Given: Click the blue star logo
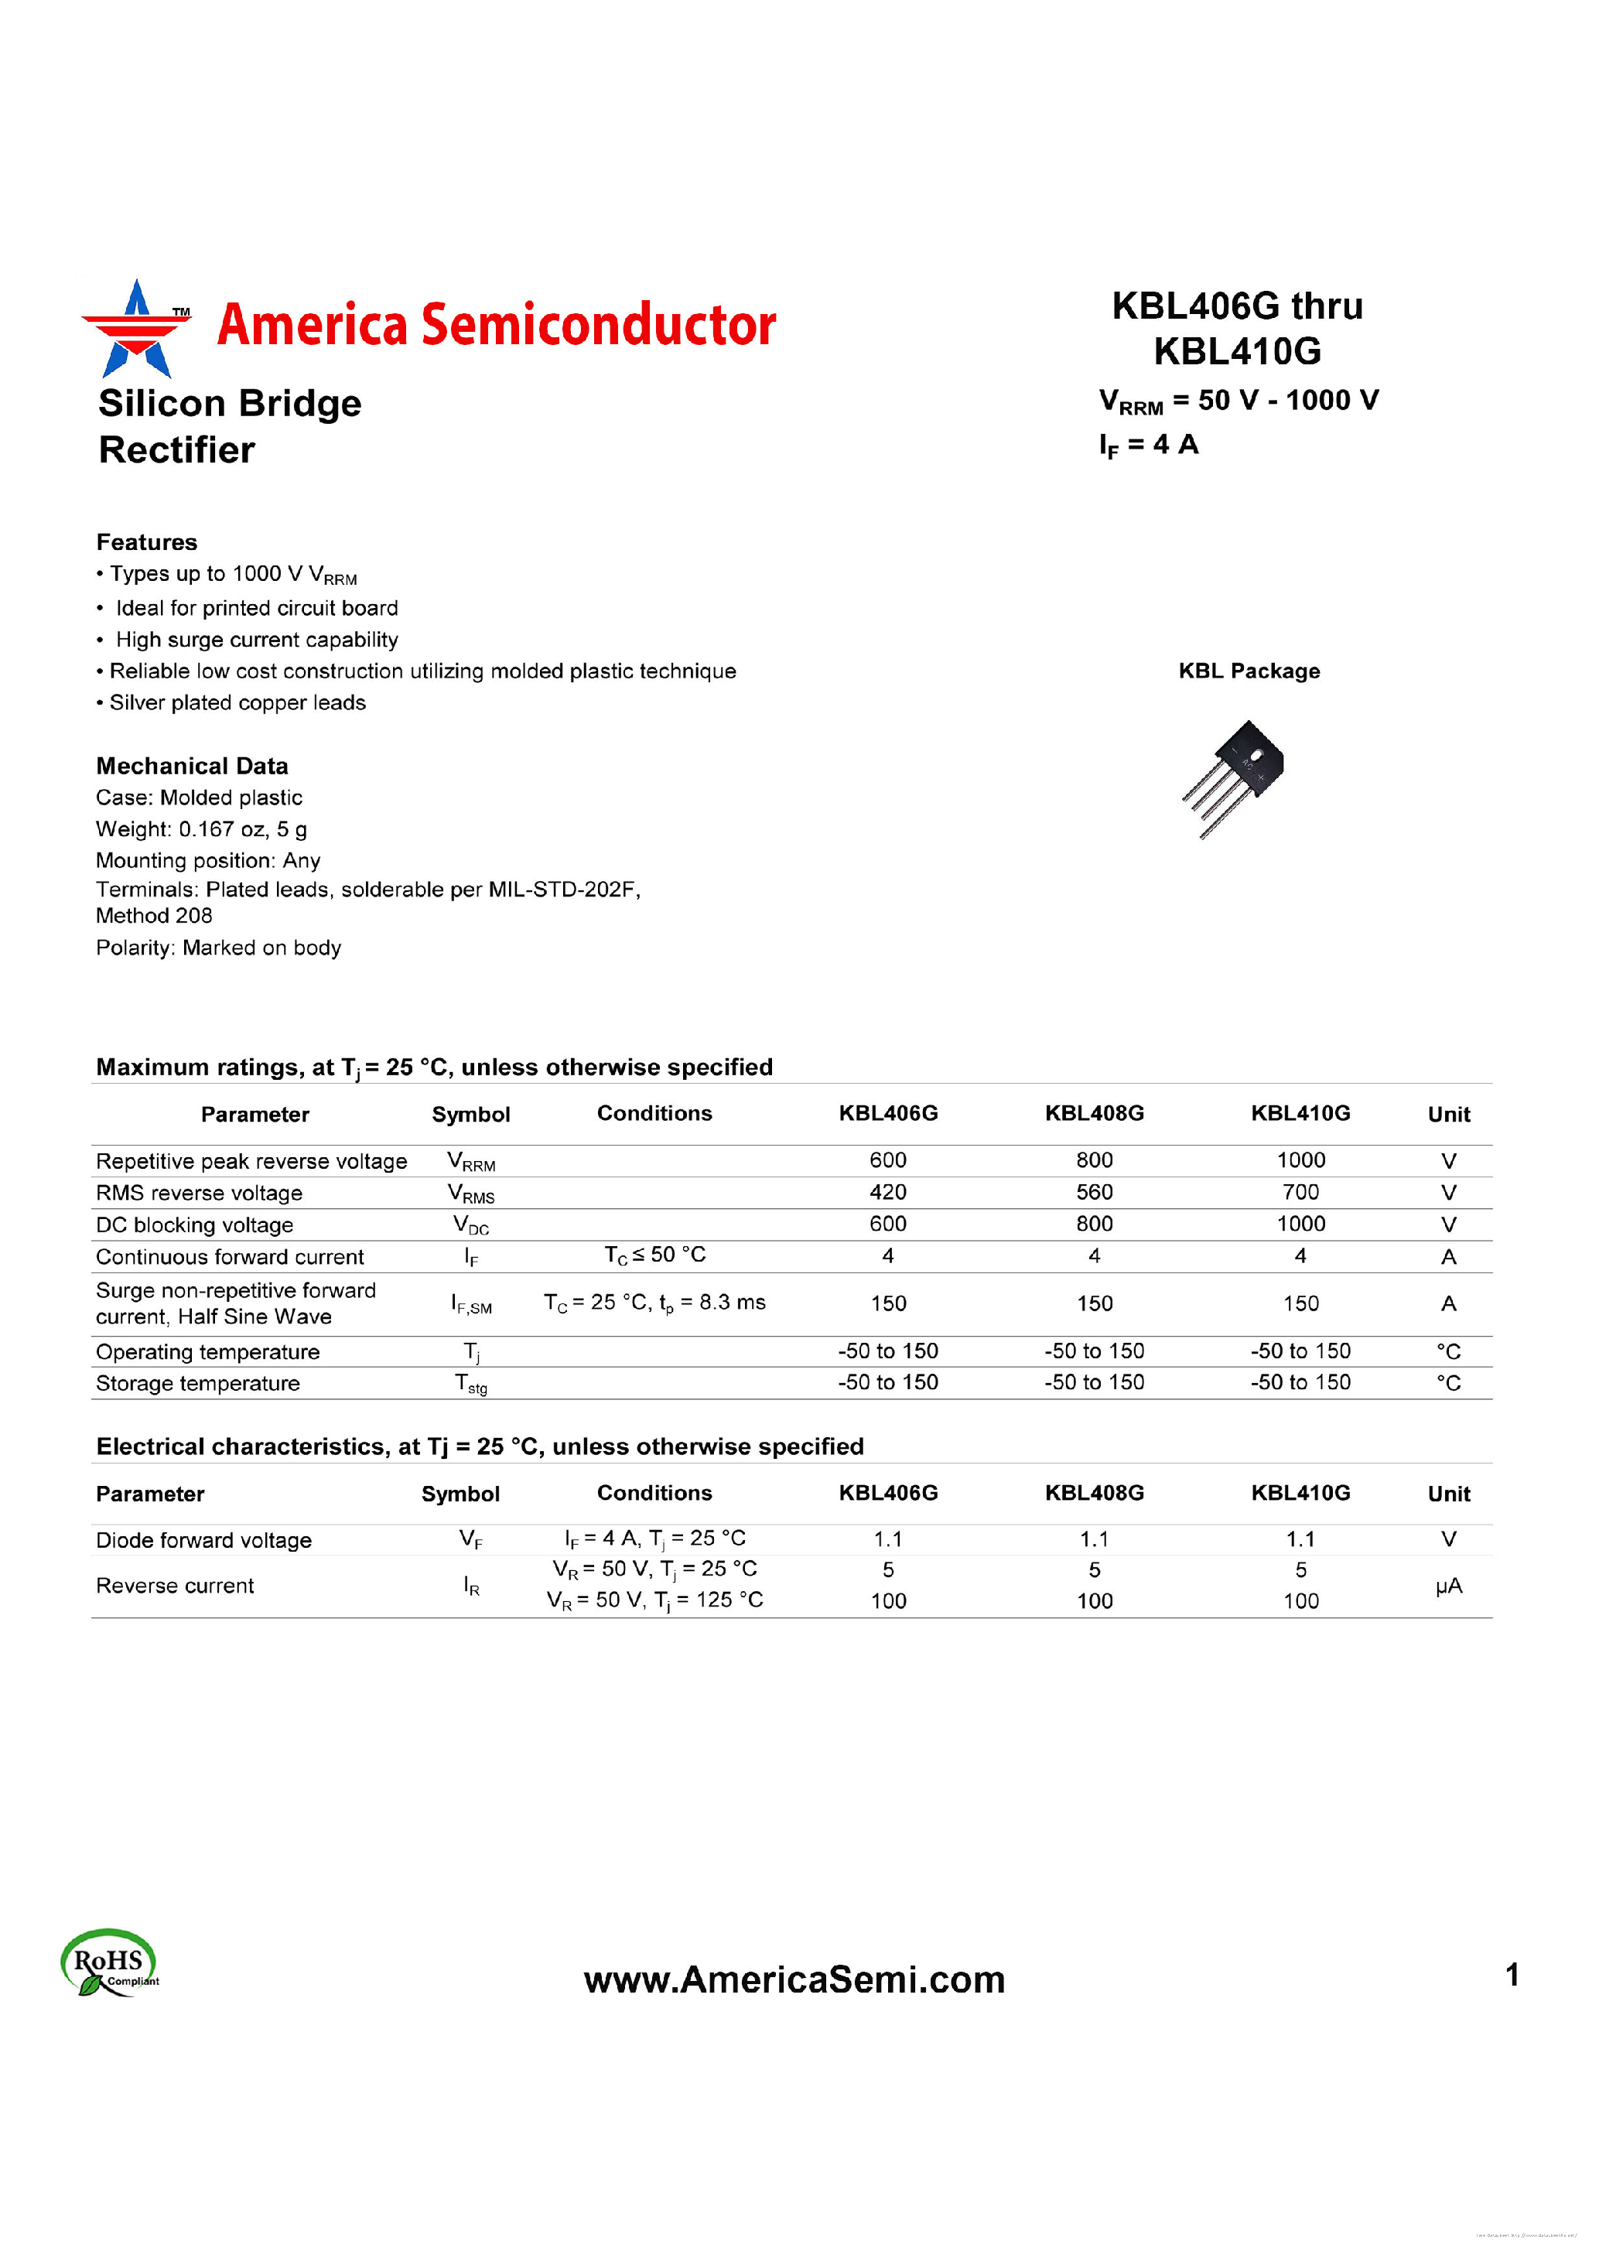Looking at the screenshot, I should coord(136,330).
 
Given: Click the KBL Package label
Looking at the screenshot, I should coord(1249,671).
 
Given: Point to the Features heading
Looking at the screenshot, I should coord(147,542).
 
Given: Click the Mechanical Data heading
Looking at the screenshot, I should coord(192,766).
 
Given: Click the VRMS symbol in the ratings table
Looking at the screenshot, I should coord(470,1194).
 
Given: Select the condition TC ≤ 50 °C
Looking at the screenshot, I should coord(654,1255).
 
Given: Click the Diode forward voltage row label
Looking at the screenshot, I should coord(203,1540).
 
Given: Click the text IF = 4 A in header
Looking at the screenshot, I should coord(1148,445).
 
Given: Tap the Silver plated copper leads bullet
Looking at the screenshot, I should coord(236,703).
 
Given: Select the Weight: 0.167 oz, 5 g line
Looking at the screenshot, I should coord(201,829).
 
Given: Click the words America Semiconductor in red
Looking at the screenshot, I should coord(496,325).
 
